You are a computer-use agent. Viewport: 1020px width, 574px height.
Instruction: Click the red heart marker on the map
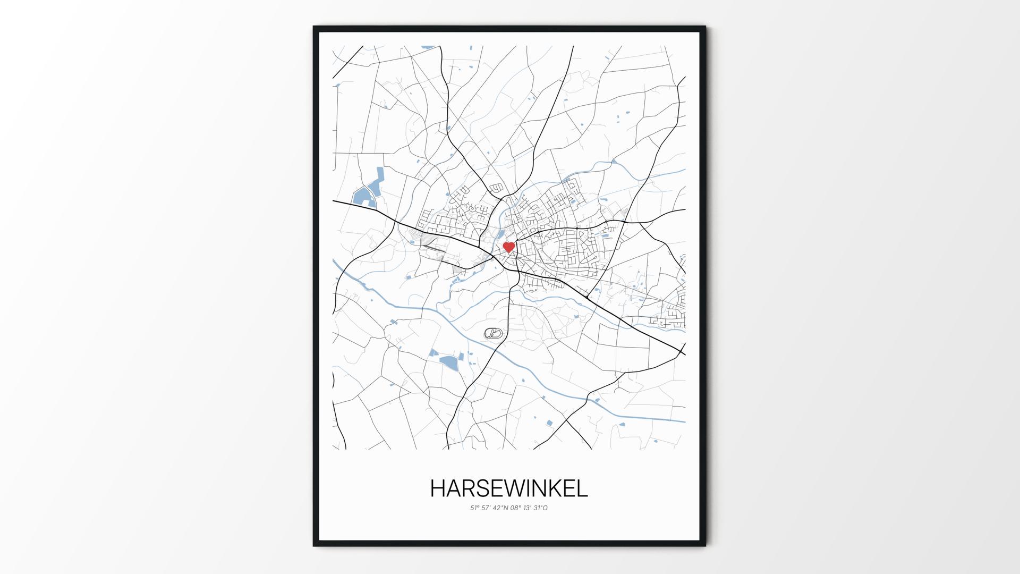tap(509, 247)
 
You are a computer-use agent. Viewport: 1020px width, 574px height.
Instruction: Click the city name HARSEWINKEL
tap(509, 489)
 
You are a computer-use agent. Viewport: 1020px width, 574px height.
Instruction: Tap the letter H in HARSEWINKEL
tap(438, 489)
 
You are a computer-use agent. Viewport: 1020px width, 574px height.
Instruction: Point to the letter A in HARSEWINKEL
tap(455, 489)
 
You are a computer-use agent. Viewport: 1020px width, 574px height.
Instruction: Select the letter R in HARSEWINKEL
tap(471, 489)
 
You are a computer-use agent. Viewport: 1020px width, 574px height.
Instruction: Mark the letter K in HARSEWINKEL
tap(556, 489)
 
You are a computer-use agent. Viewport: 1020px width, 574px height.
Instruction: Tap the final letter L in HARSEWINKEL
tap(582, 489)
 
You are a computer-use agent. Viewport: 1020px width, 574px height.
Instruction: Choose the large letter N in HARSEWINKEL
tap(541, 489)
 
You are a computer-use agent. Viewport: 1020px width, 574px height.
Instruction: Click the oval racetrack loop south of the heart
tap(493, 333)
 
